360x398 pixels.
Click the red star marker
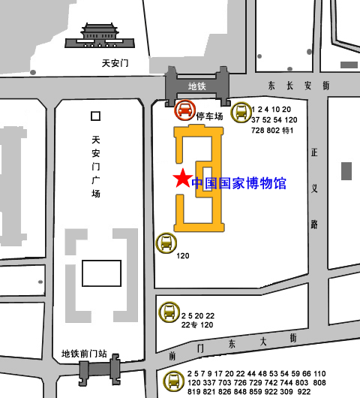click(181, 179)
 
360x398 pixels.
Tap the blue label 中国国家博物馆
click(238, 182)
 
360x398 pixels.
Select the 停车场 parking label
click(209, 116)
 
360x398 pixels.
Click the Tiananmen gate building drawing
click(95, 33)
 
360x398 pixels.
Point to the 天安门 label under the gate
click(115, 63)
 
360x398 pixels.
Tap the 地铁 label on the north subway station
click(196, 86)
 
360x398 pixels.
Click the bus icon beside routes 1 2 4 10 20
click(240, 113)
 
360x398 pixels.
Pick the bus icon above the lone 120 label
click(165, 243)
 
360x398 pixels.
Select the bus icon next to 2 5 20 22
click(169, 311)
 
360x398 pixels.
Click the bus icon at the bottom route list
click(173, 381)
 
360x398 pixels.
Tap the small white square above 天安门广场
click(95, 116)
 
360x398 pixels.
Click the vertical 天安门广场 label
click(95, 167)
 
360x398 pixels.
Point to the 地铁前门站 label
click(84, 353)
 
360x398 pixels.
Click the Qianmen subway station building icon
click(98, 369)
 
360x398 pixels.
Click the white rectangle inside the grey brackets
click(101, 272)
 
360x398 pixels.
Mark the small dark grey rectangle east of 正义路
click(346, 170)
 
